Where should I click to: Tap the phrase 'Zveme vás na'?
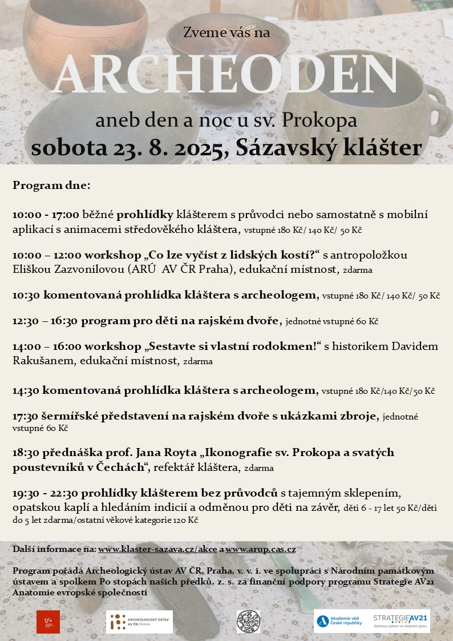(x=226, y=33)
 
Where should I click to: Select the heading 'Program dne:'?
(x=51, y=186)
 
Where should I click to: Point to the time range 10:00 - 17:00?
(x=46, y=215)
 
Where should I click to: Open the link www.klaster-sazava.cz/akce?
(x=157, y=549)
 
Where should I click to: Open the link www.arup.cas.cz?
(x=261, y=549)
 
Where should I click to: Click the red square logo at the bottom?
(x=48, y=622)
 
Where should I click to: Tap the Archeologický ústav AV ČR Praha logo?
(x=139, y=622)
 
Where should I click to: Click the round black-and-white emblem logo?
(x=248, y=622)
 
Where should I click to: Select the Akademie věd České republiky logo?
(x=340, y=621)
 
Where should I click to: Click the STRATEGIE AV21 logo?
(x=401, y=621)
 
